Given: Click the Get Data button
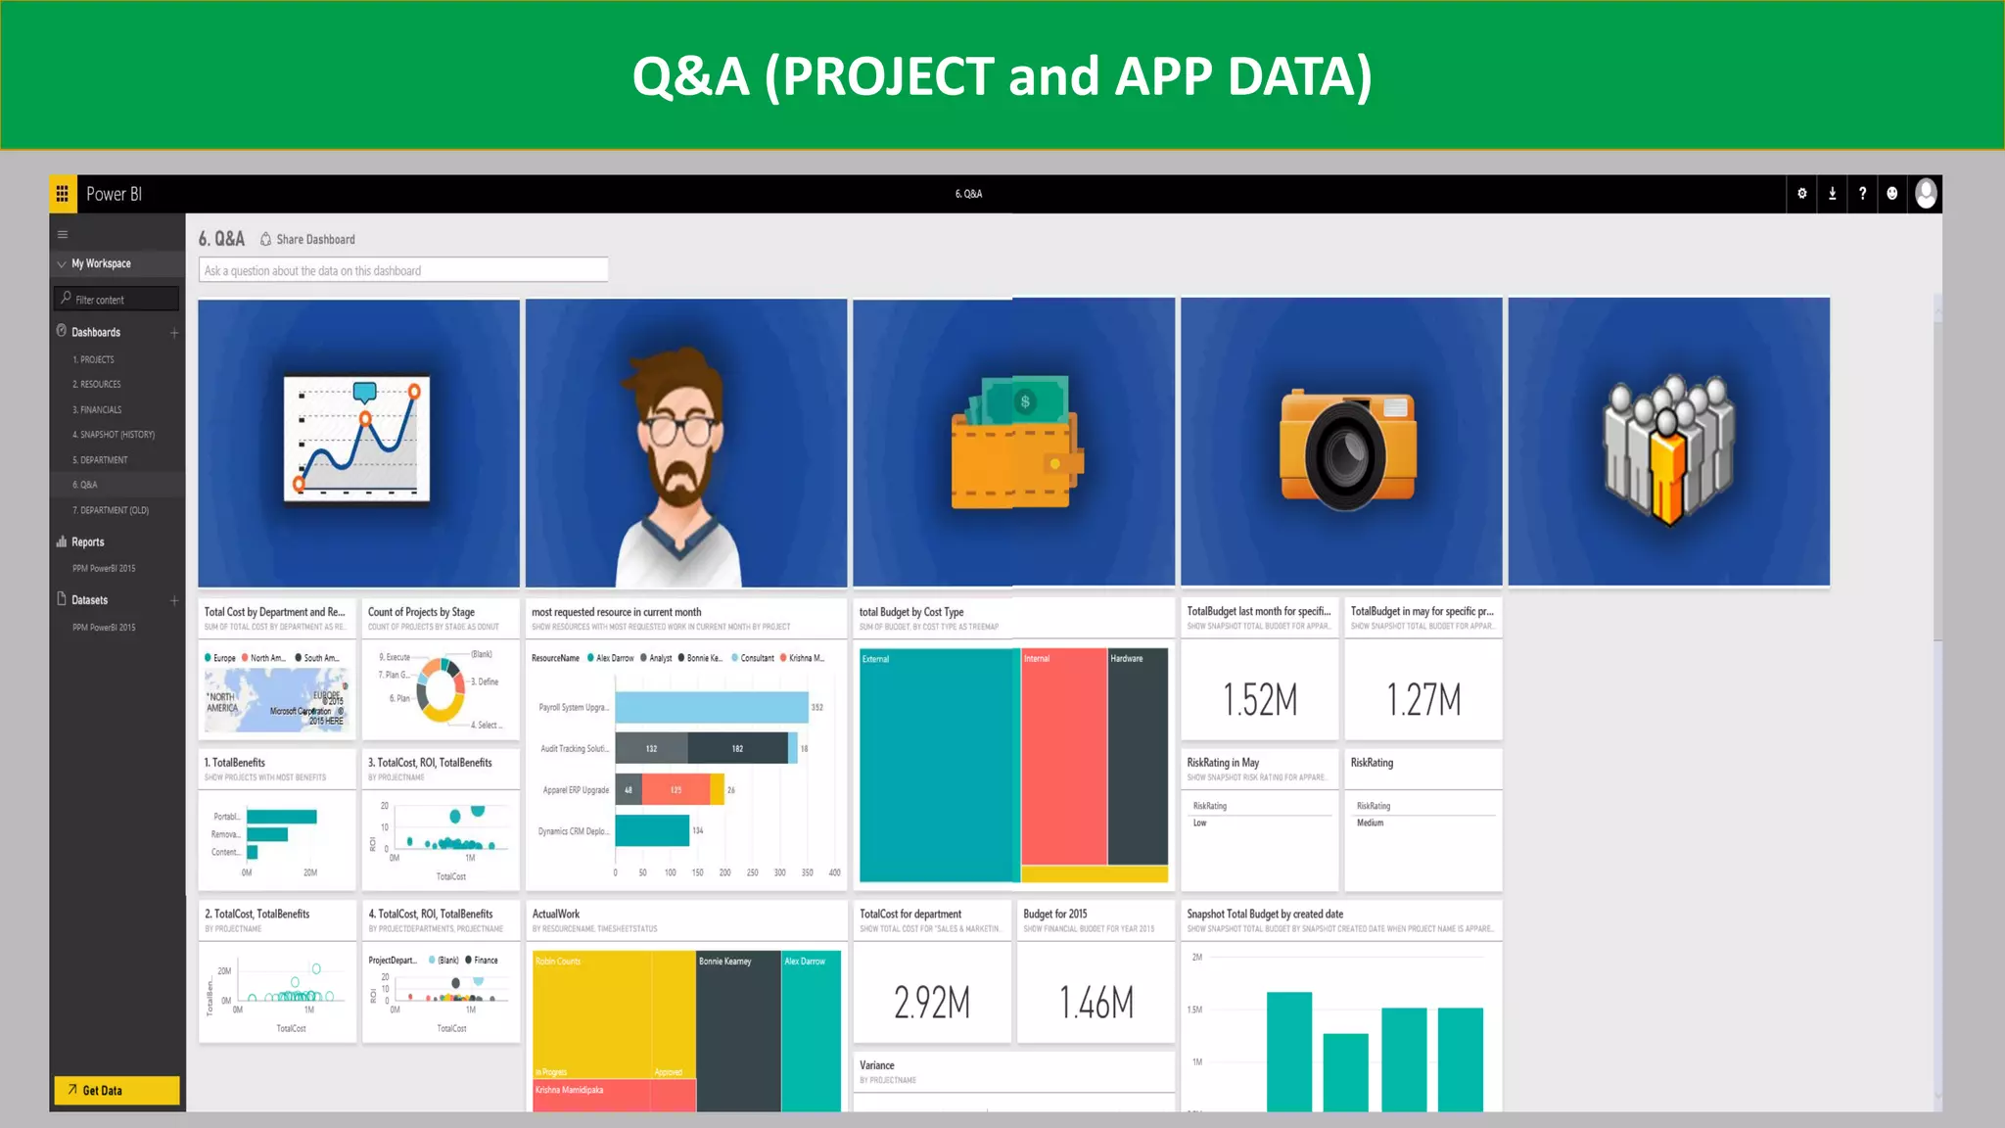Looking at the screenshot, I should pos(116,1090).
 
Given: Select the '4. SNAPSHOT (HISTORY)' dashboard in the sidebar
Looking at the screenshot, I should pos(114,435).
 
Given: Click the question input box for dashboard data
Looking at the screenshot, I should pos(403,270).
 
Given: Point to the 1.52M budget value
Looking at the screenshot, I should pos(1260,699).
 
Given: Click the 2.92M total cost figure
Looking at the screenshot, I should pos(932,1002).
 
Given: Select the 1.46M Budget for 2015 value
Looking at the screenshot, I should pos(1096,1002).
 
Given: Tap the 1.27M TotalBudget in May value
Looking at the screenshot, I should pos(1423,699).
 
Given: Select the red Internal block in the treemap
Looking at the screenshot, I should pos(1064,754).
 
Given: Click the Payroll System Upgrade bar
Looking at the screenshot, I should pos(712,707).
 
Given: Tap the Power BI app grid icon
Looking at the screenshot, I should pos(62,194).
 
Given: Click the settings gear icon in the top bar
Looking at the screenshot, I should pos(1801,194).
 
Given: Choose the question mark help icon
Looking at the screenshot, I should pos(1862,194).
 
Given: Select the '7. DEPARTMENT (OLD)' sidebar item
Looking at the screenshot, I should pos(111,510).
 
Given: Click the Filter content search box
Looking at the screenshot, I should pos(117,299).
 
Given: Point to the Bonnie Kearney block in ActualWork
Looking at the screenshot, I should pos(738,1028).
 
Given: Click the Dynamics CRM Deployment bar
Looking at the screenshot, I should pos(652,830).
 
